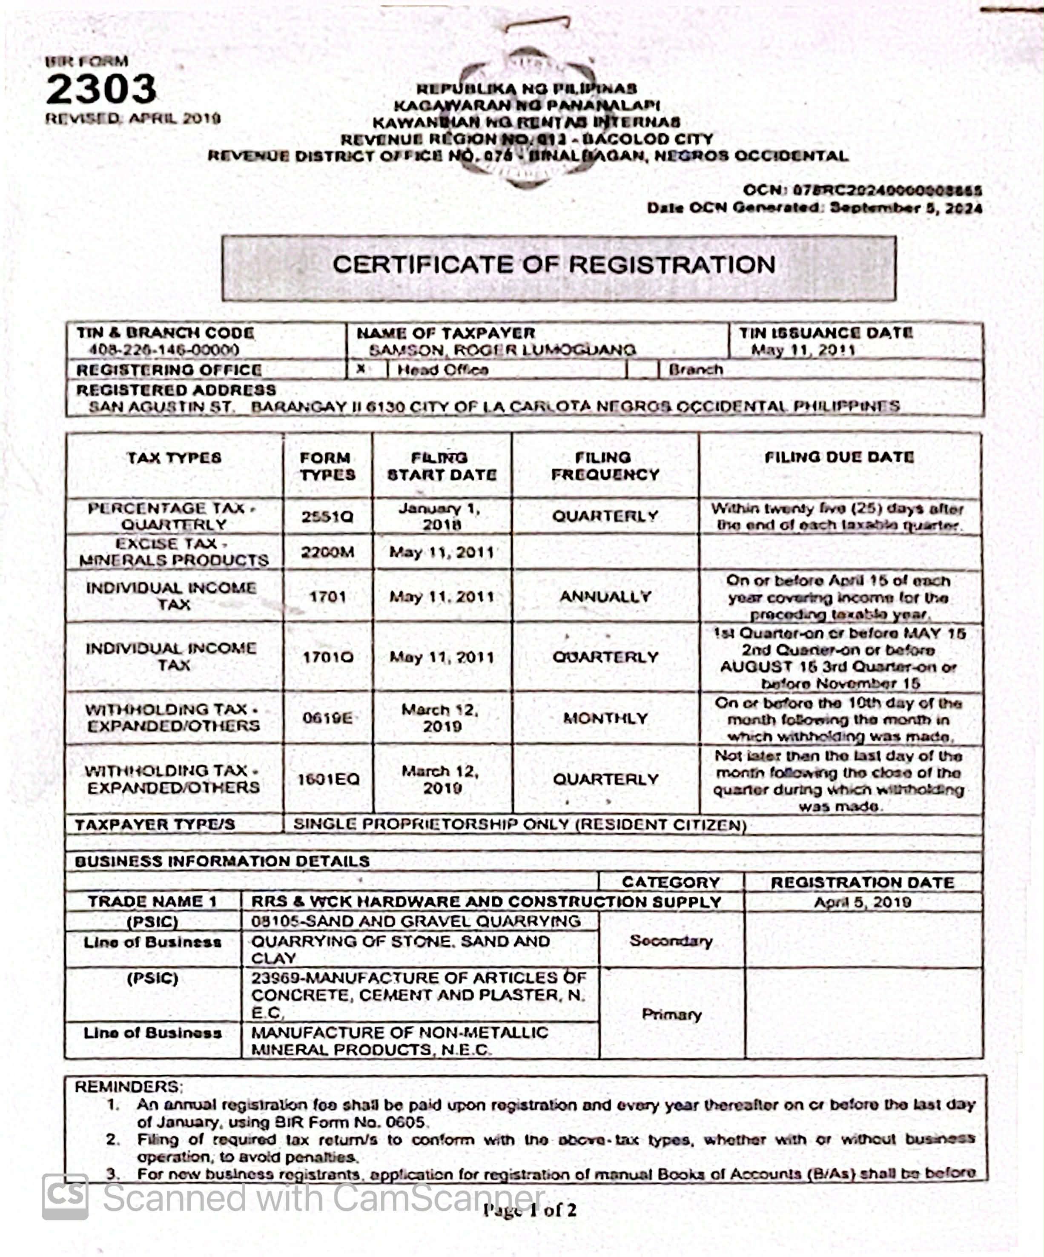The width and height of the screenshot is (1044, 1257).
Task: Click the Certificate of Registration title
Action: click(554, 264)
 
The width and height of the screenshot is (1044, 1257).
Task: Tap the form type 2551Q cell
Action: click(327, 516)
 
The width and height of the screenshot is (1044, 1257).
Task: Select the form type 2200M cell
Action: click(327, 552)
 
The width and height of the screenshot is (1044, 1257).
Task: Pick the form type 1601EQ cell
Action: click(328, 779)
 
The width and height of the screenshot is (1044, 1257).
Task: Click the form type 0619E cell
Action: click(327, 717)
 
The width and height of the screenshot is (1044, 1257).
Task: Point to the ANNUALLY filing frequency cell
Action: click(605, 596)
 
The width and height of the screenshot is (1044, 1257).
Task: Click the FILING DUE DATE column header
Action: click(839, 457)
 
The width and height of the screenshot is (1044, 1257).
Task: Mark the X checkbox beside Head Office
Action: click(361, 369)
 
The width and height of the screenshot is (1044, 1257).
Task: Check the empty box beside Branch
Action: click(642, 369)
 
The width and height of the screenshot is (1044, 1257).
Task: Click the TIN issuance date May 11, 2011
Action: click(803, 350)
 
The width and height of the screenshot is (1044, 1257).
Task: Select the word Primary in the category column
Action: click(671, 1014)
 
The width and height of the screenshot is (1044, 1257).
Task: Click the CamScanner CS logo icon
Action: click(65, 1197)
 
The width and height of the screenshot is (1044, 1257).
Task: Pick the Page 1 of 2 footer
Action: click(530, 1210)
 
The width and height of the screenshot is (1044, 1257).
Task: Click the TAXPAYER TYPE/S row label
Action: click(155, 825)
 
